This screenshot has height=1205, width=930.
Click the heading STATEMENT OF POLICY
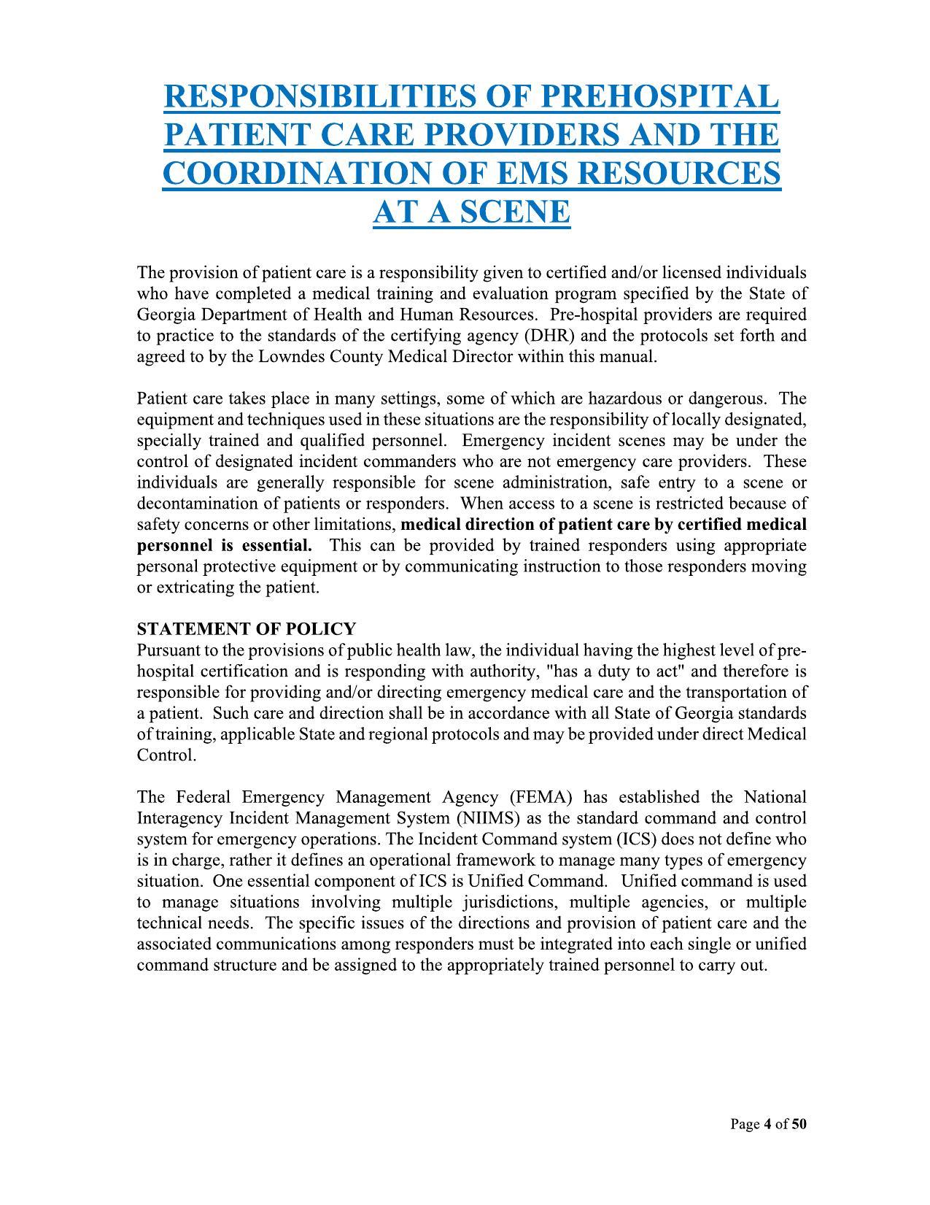tap(247, 629)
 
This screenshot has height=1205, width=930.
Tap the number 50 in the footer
tap(799, 1125)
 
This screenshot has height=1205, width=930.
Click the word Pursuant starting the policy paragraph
tap(166, 650)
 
